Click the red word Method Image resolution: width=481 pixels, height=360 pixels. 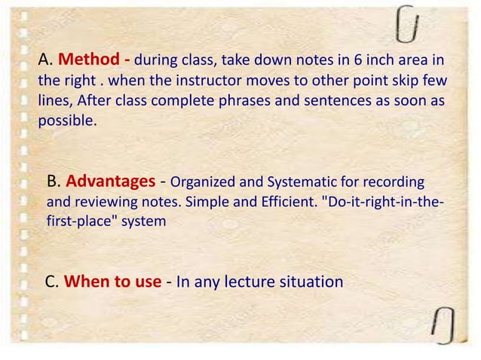coord(86,60)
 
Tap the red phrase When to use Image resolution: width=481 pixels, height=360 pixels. coord(112,282)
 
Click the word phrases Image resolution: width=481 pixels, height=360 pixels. coord(224,100)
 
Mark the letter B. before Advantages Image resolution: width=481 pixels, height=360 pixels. coord(54,183)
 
